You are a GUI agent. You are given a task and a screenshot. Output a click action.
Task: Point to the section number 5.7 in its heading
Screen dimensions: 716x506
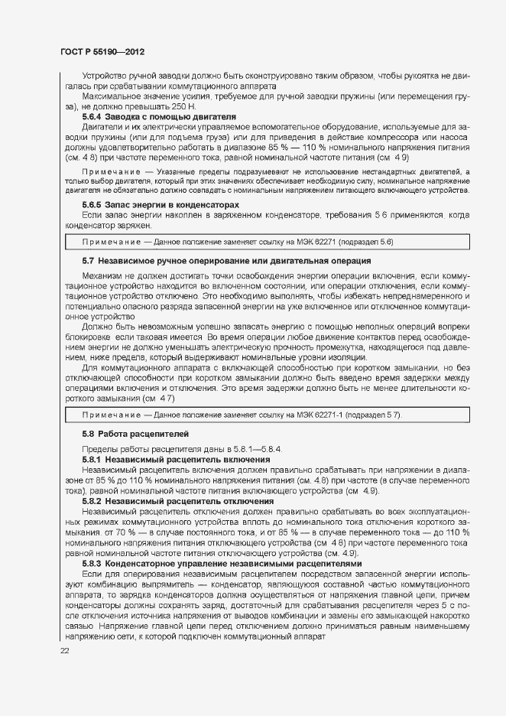88,261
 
